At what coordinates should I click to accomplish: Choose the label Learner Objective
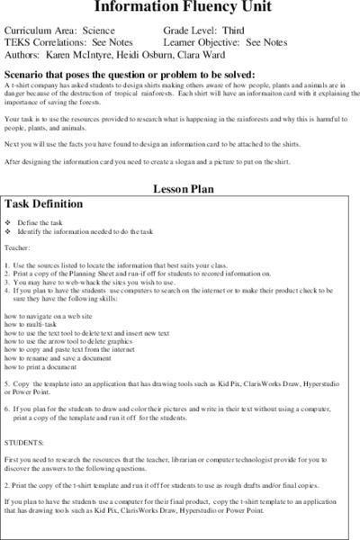pos(205,41)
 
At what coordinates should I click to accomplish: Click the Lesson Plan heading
pos(180,191)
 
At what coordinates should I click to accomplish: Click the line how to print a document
pos(50,368)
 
